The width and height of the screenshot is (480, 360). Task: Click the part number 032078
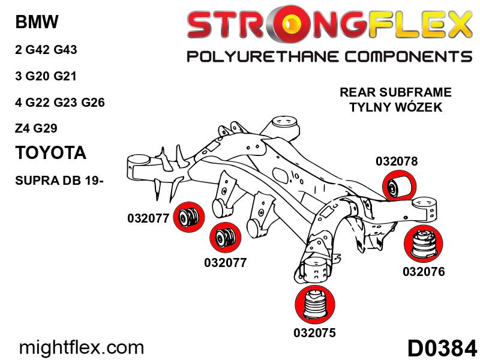click(397, 161)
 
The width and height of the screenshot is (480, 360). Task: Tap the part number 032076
click(424, 272)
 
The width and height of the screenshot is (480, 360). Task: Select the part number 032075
click(314, 332)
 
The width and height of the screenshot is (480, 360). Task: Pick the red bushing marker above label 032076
click(424, 245)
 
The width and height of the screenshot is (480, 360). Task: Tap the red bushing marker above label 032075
click(314, 305)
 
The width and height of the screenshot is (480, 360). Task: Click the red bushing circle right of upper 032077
click(189, 216)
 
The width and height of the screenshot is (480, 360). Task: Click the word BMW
click(36, 23)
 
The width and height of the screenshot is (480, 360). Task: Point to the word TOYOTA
click(50, 152)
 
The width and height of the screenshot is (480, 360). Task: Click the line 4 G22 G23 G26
click(60, 102)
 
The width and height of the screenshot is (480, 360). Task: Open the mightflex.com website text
click(83, 347)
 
